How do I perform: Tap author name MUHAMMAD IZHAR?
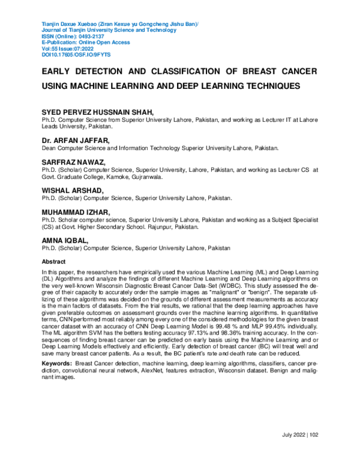click(73, 213)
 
